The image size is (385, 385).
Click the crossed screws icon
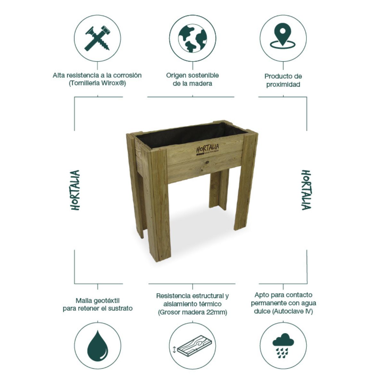pos(98,38)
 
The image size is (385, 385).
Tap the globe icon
pos(193,38)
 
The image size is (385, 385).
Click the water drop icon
pos(98,345)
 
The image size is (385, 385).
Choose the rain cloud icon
pos(283,345)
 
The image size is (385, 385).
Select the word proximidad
pos(283,84)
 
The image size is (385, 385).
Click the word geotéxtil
pos(107,301)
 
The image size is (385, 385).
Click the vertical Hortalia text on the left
pos(75,190)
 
